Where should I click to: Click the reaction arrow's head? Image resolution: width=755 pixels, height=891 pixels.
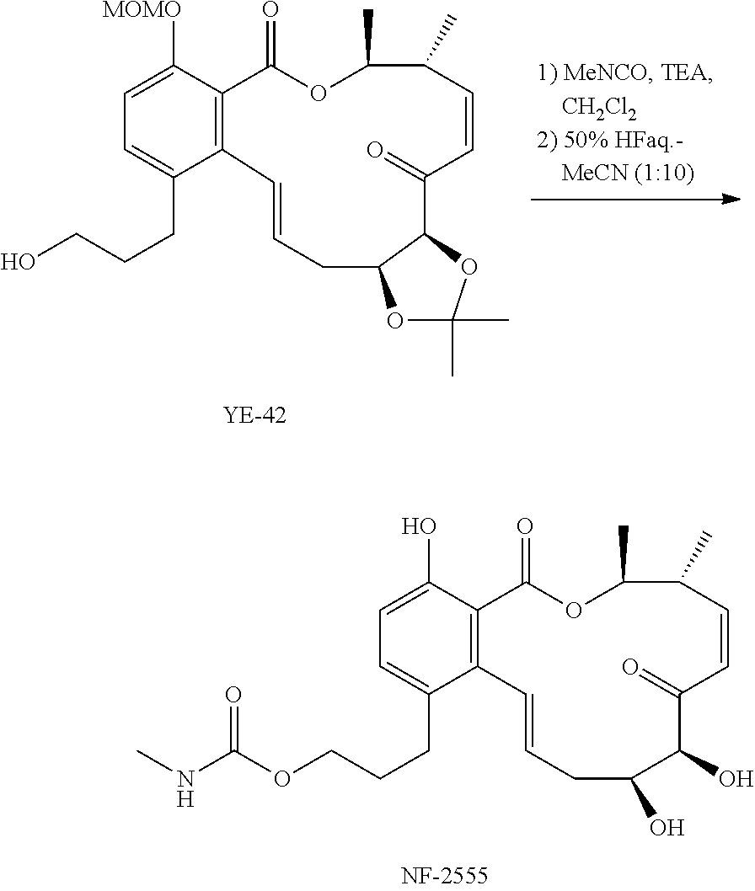pyautogui.click(x=731, y=199)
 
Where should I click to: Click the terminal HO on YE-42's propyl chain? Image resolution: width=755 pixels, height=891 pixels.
pyautogui.click(x=19, y=261)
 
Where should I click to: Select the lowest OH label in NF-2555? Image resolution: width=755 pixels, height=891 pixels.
pyautogui.click(x=668, y=829)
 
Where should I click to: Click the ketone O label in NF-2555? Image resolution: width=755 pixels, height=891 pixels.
pyautogui.click(x=630, y=669)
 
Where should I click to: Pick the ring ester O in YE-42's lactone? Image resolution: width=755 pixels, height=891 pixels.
pyautogui.click(x=318, y=92)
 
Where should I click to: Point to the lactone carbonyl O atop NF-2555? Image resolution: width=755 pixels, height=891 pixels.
pyautogui.click(x=525, y=528)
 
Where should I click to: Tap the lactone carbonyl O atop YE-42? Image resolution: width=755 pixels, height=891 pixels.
pyautogui.click(x=270, y=12)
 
